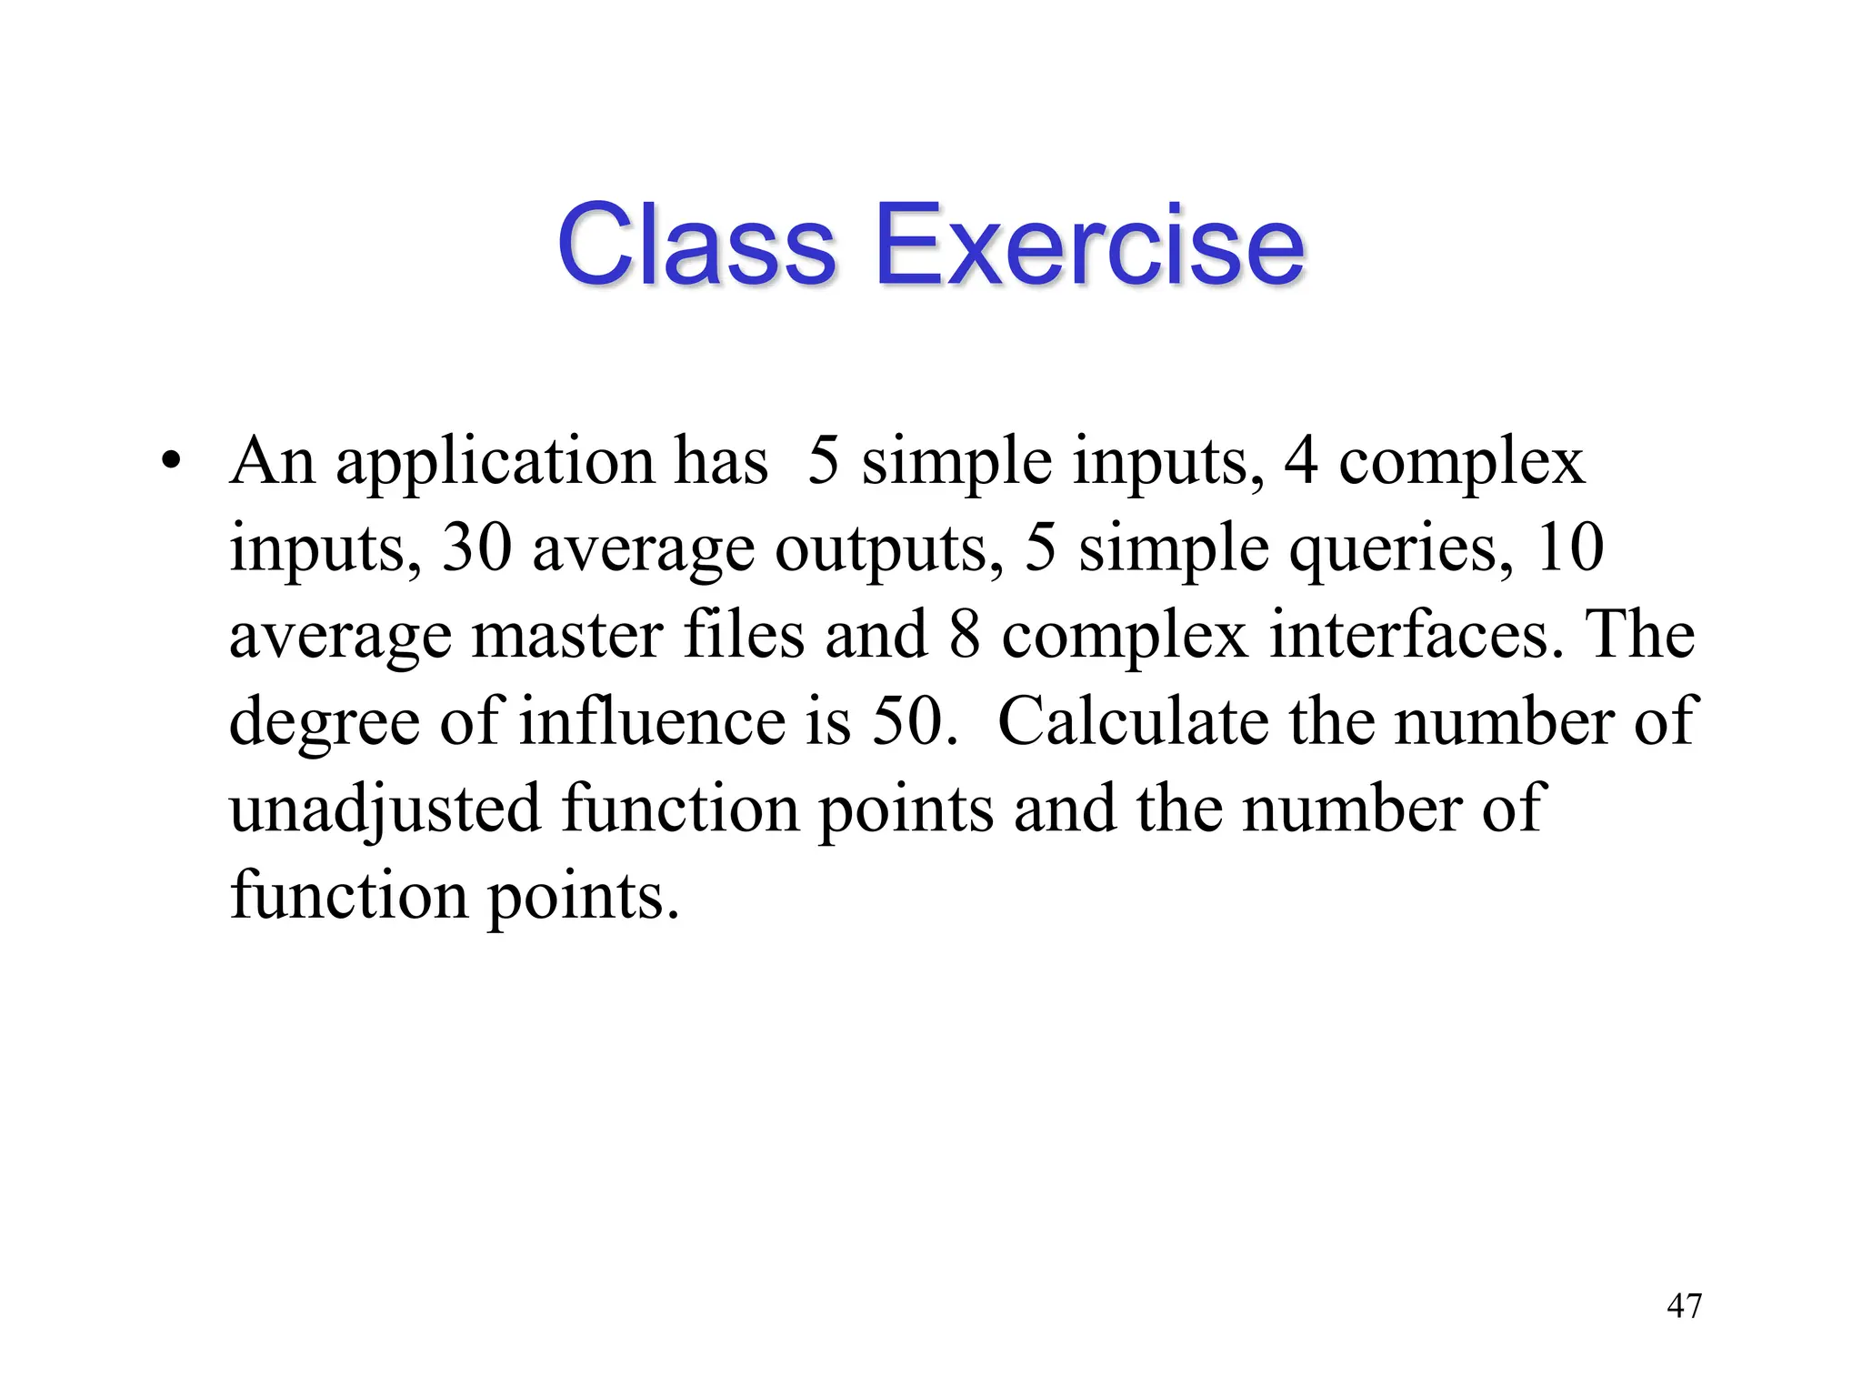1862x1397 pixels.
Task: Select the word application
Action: (x=495, y=462)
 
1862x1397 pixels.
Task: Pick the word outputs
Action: (x=880, y=549)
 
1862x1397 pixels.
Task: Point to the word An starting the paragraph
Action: (x=272, y=462)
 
